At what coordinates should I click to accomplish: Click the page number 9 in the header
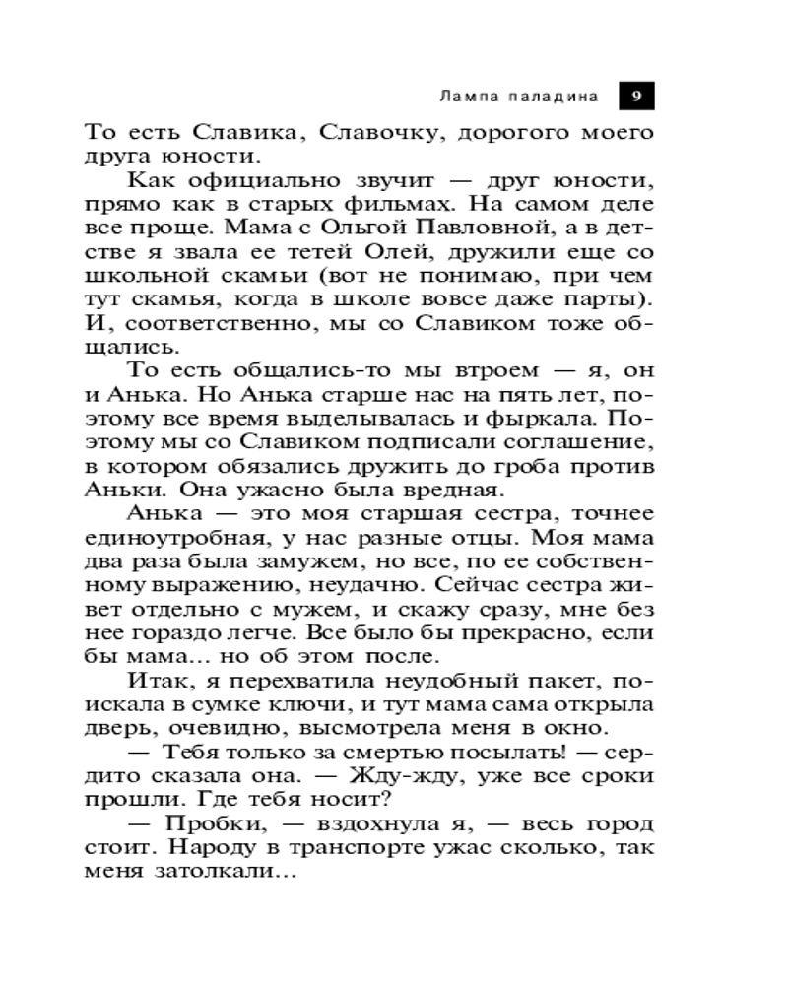click(636, 97)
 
